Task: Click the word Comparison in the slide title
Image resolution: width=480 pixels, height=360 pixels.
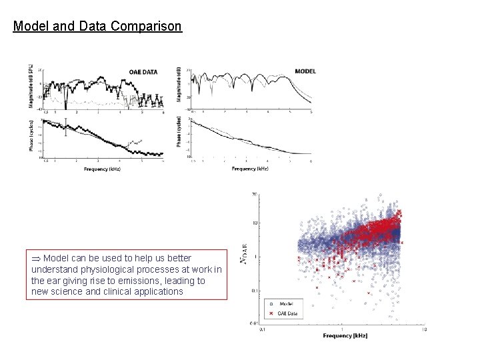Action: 146,27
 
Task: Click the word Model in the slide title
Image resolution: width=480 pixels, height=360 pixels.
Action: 29,27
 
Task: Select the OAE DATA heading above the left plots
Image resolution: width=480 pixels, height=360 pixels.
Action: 143,72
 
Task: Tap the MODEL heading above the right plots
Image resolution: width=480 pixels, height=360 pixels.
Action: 305,71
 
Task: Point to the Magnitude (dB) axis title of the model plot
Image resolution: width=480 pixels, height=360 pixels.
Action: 179,85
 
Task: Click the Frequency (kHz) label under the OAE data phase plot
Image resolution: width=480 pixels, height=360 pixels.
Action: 102,169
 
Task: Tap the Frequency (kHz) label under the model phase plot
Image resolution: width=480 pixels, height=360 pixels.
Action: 250,169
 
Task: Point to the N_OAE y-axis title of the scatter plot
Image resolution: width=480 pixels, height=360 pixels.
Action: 245,257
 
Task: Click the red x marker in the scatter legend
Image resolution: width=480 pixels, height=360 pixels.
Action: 271,312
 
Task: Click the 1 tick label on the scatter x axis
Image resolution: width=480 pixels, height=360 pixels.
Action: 341,328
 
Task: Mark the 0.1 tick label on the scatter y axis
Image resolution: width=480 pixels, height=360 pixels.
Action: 254,290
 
